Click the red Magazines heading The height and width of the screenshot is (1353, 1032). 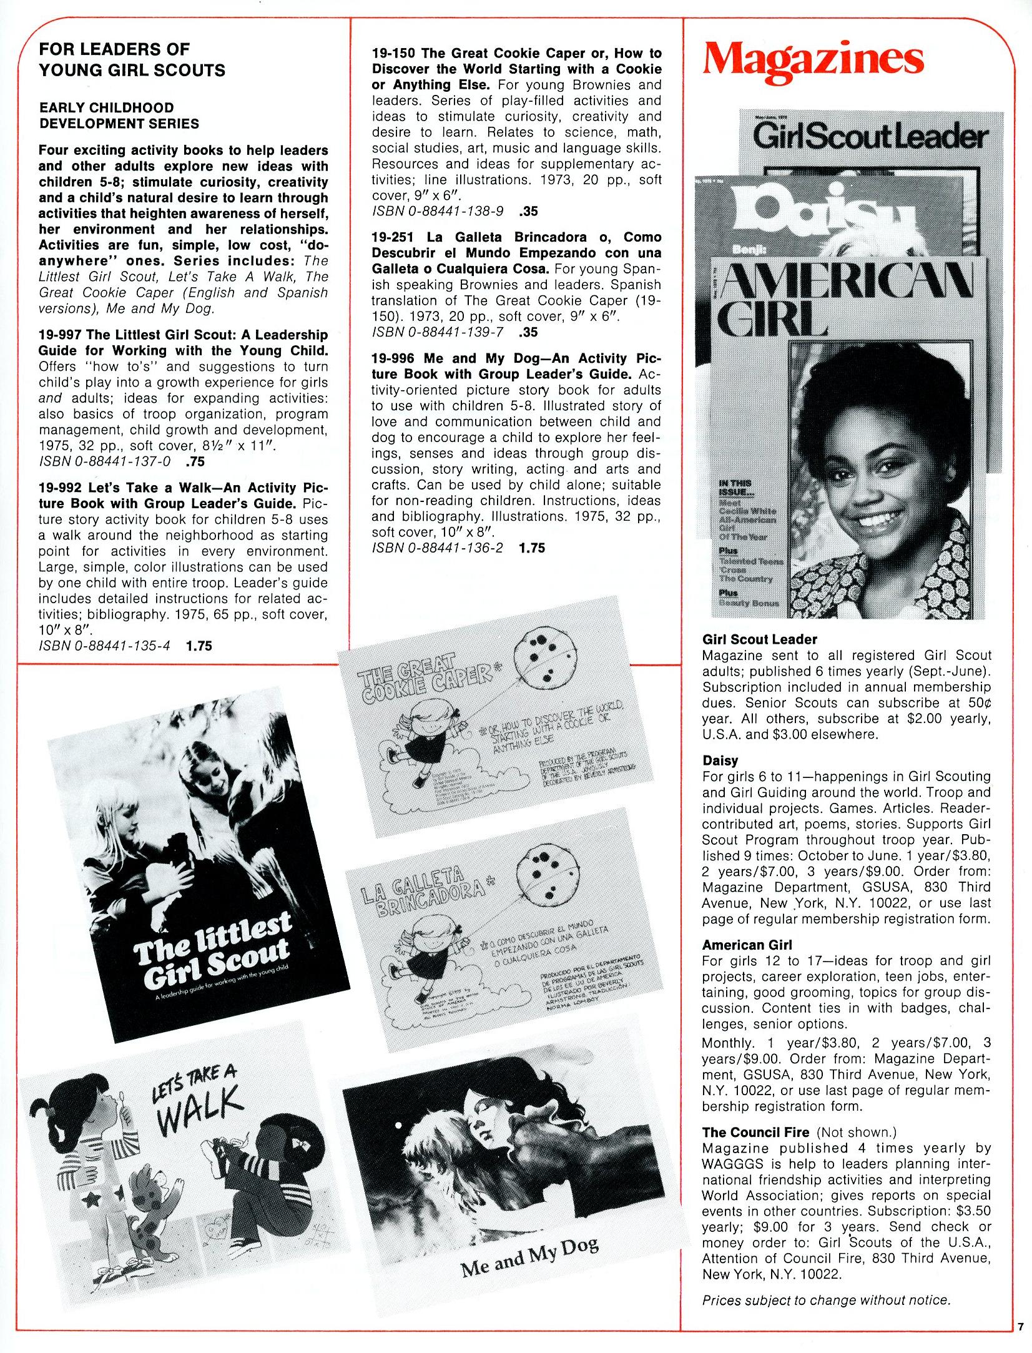point(812,60)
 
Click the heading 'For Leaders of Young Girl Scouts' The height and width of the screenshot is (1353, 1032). point(132,59)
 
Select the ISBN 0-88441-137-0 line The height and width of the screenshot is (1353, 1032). point(104,461)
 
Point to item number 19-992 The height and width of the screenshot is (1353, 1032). point(61,487)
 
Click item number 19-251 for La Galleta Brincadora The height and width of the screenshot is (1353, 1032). point(394,237)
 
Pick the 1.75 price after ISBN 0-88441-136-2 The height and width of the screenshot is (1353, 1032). point(531,548)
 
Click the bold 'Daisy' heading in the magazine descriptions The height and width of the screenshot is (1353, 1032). point(720,760)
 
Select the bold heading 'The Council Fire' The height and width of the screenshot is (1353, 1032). point(755,1132)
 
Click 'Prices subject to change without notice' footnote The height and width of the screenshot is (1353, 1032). point(825,1300)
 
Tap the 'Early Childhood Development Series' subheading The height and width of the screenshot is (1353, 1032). point(119,116)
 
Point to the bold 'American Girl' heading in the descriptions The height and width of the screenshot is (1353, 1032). point(747,945)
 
